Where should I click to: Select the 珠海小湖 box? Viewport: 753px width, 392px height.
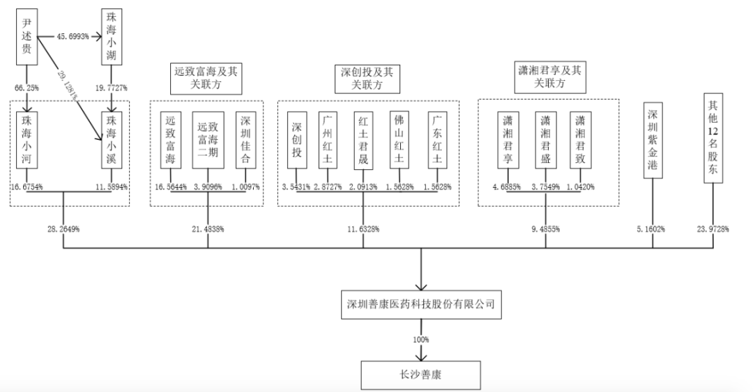pos(112,36)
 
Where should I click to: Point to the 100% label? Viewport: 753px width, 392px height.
pos(421,340)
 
